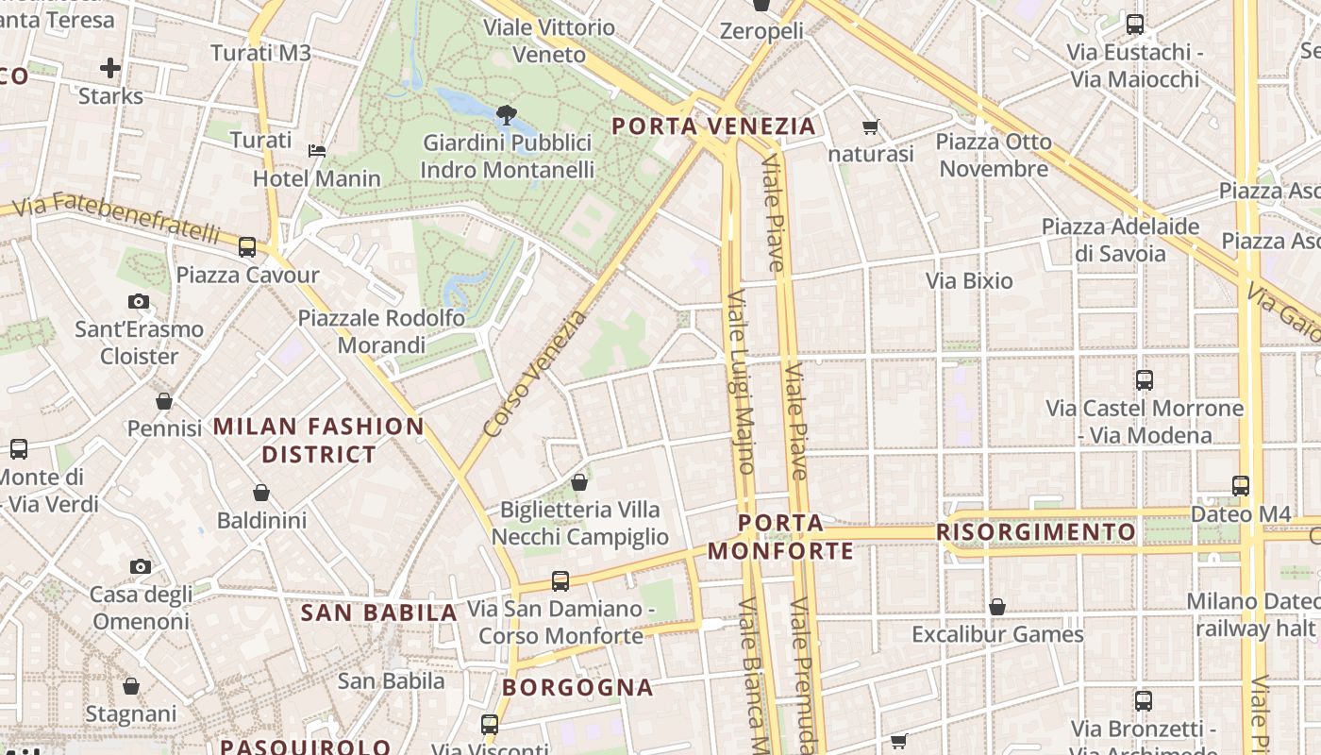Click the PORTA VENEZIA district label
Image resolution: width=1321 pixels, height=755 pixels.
point(713,126)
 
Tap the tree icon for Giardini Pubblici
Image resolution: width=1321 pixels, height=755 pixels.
point(506,115)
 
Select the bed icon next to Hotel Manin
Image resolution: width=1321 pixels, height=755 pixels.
point(318,151)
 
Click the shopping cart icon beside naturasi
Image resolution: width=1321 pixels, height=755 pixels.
point(870,126)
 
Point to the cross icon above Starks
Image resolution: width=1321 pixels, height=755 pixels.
point(110,68)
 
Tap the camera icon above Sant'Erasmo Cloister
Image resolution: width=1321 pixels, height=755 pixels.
point(139,302)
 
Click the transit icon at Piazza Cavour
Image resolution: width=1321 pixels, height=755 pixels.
point(247,247)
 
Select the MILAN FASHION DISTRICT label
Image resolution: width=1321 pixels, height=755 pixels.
point(319,440)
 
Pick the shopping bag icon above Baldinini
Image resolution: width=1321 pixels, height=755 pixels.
point(261,493)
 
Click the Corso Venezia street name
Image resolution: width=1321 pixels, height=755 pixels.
point(534,374)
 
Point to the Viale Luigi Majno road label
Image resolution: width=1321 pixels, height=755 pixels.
point(741,382)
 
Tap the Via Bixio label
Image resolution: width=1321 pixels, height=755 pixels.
point(969,280)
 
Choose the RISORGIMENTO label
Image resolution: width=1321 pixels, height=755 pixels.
point(1035,532)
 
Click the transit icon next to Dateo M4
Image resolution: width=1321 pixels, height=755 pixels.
point(1241,486)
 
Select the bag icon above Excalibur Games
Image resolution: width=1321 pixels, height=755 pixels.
point(997,607)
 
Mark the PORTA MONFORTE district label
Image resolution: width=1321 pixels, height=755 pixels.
point(780,536)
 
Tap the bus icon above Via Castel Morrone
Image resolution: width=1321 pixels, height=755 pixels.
point(1145,380)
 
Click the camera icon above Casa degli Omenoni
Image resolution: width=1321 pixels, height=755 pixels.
point(141,566)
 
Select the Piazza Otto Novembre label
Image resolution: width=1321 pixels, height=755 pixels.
point(994,155)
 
